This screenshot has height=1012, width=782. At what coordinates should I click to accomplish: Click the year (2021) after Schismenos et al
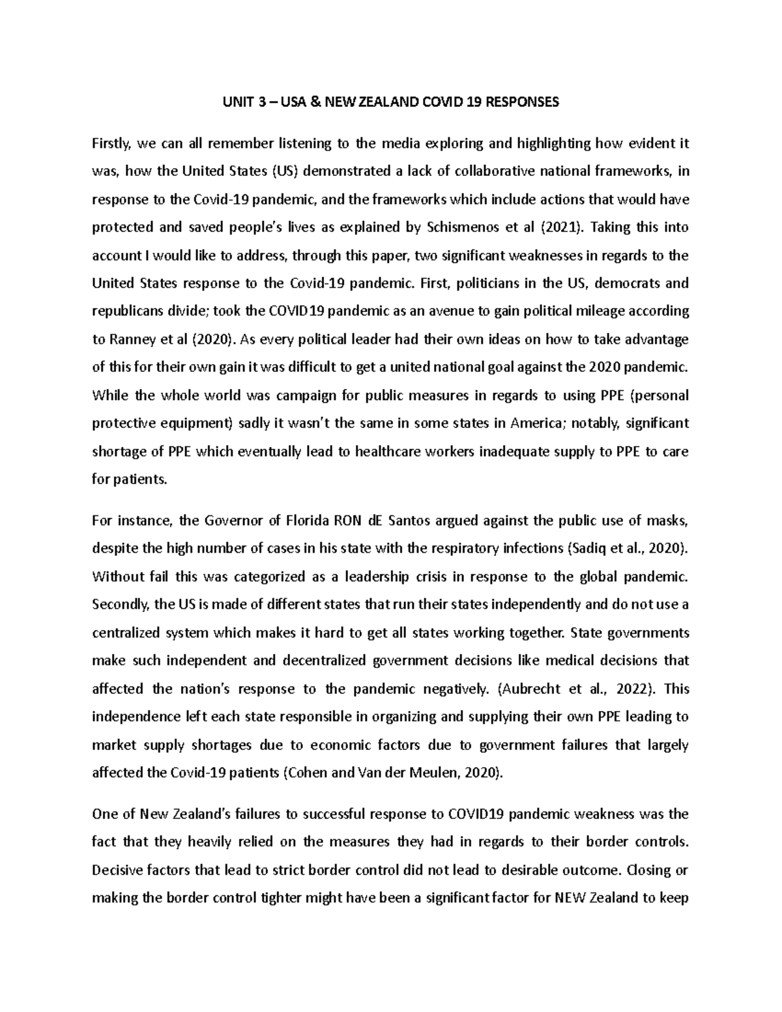tap(563, 227)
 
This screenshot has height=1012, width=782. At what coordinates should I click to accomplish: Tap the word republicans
tap(126, 311)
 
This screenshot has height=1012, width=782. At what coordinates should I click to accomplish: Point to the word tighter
tap(283, 898)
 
